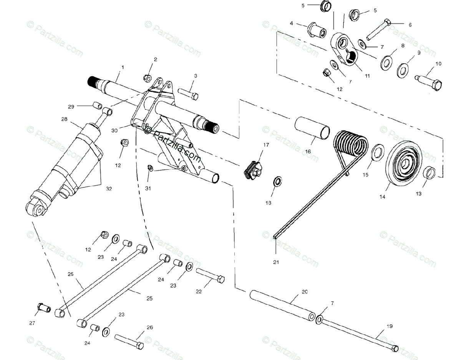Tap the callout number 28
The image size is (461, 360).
[64, 119]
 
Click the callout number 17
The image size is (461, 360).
[266, 145]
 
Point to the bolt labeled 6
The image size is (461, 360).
[378, 29]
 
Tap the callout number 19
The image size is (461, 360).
[390, 327]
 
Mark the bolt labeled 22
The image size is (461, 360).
[211, 276]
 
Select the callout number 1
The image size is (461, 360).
[123, 68]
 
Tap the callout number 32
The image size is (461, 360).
[109, 188]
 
